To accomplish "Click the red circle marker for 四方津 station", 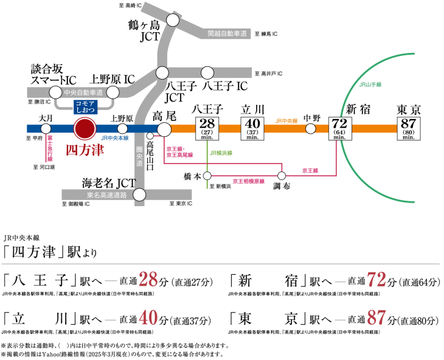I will (x=84, y=129).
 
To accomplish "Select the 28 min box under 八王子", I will (x=206, y=129).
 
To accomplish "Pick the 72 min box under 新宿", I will (x=339, y=129).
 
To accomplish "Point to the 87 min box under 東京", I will (x=409, y=129).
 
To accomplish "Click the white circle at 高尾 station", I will (x=164, y=129).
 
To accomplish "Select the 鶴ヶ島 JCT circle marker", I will (x=172, y=20).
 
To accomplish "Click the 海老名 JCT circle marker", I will (x=140, y=195).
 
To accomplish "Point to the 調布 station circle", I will (x=280, y=175).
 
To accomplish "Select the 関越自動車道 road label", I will (x=227, y=33).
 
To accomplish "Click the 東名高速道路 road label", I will (x=98, y=195).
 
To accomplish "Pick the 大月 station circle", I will (x=46, y=129).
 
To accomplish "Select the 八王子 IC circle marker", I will (x=208, y=72).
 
